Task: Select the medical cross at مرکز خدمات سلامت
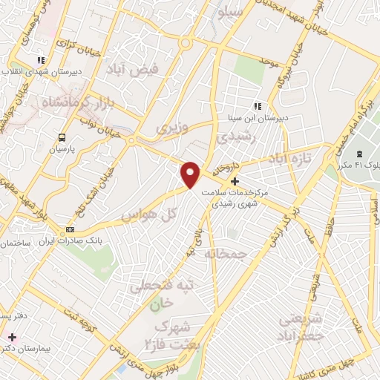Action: tap(235, 181)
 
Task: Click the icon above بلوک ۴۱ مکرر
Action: tap(360, 152)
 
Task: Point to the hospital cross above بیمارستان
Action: tap(11, 337)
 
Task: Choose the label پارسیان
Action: tap(62, 149)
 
